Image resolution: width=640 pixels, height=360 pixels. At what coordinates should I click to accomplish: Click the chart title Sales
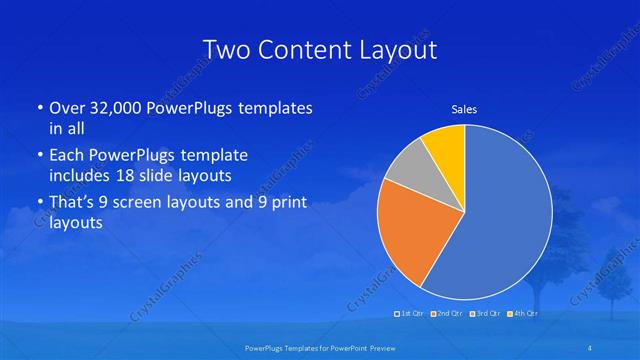(464, 108)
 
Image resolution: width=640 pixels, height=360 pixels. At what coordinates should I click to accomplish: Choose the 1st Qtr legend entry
(409, 314)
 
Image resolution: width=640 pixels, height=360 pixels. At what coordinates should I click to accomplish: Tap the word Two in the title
(225, 49)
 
